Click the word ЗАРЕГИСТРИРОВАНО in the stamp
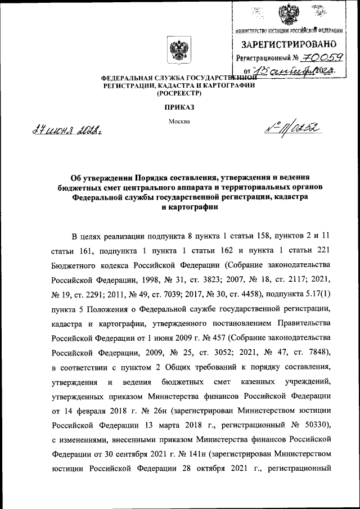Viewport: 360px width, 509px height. click(289, 44)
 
